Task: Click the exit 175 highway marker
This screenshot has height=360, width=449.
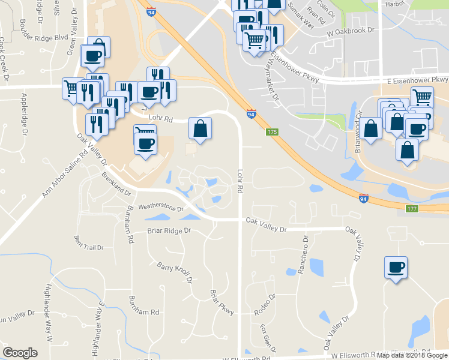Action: [x=273, y=132]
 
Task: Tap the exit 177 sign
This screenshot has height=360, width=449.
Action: [x=411, y=209]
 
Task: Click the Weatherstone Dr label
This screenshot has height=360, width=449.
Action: [x=160, y=207]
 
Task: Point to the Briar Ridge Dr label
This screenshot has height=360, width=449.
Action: [x=169, y=230]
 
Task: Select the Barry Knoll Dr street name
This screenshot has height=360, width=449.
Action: [x=174, y=272]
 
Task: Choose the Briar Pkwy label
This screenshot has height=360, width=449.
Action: [x=221, y=302]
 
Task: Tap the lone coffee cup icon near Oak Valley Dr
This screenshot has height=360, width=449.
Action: [x=396, y=268]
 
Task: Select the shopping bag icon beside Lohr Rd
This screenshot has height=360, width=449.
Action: [x=200, y=128]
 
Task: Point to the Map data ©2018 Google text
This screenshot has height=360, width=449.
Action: [x=412, y=355]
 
